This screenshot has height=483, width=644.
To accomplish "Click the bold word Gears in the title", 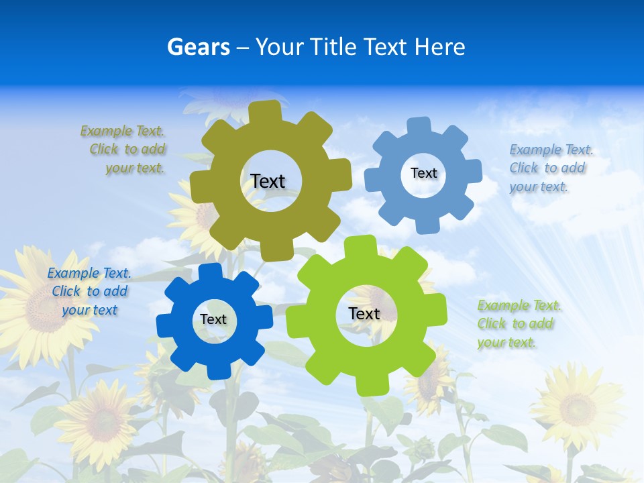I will tap(198, 47).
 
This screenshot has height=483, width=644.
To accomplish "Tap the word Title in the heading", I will tap(332, 47).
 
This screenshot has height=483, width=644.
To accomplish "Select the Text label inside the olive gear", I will tap(268, 181).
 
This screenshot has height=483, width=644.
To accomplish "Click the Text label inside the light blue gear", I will tap(423, 173).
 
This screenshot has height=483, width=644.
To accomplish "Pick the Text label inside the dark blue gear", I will tap(213, 320).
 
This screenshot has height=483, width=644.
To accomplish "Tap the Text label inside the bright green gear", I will tap(364, 314).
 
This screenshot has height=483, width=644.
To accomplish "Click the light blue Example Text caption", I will tap(550, 168).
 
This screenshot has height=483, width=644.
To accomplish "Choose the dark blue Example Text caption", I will tap(89, 291).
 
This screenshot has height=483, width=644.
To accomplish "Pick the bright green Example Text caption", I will tap(518, 324).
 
